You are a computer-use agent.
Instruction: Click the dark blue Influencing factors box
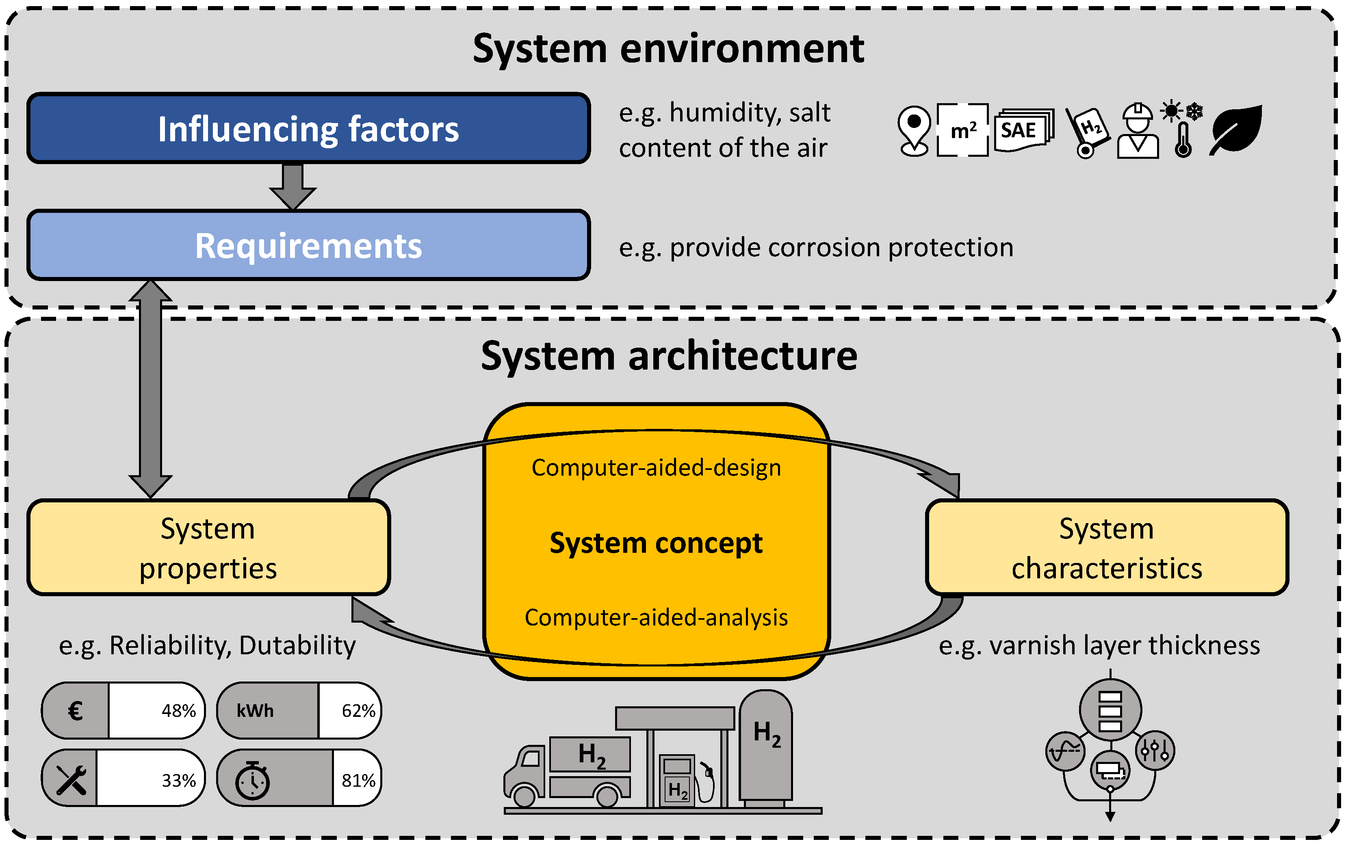(308, 128)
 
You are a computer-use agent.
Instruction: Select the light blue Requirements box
(308, 245)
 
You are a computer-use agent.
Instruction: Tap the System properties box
(208, 547)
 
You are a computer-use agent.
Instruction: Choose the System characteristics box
(1107, 547)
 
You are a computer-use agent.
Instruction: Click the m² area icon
(962, 130)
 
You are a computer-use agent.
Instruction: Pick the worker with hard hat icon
(1138, 131)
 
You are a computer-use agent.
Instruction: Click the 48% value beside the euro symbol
(178, 711)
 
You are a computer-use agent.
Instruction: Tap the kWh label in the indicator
(255, 711)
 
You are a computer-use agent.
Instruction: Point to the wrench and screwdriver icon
(71, 779)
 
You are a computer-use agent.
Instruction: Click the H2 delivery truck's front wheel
(524, 795)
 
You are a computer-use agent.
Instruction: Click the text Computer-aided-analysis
(656, 617)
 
